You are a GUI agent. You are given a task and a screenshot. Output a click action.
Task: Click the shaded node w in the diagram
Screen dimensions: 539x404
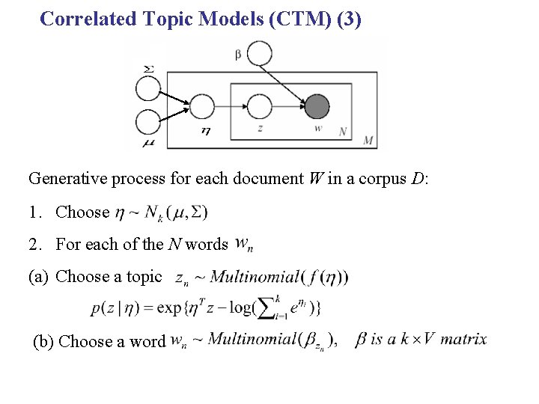tap(317, 106)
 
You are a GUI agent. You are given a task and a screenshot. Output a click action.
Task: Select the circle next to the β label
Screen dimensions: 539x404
tap(260, 53)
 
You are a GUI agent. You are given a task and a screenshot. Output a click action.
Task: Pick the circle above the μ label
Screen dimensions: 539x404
tap(148, 122)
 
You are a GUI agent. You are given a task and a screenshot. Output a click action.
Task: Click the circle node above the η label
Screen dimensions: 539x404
tap(202, 106)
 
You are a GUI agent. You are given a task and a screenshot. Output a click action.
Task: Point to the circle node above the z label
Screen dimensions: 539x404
tap(259, 106)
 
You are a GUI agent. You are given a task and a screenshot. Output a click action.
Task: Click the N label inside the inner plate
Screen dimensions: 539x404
tap(343, 132)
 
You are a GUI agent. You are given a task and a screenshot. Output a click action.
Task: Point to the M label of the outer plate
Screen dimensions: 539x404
tap(368, 140)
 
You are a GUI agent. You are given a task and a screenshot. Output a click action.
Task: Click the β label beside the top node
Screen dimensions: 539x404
tap(238, 54)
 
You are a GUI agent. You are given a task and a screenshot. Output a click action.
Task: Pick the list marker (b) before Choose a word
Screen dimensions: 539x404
tap(44, 341)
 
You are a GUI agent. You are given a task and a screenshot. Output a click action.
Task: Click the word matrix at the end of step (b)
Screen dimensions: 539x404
tap(463, 340)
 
